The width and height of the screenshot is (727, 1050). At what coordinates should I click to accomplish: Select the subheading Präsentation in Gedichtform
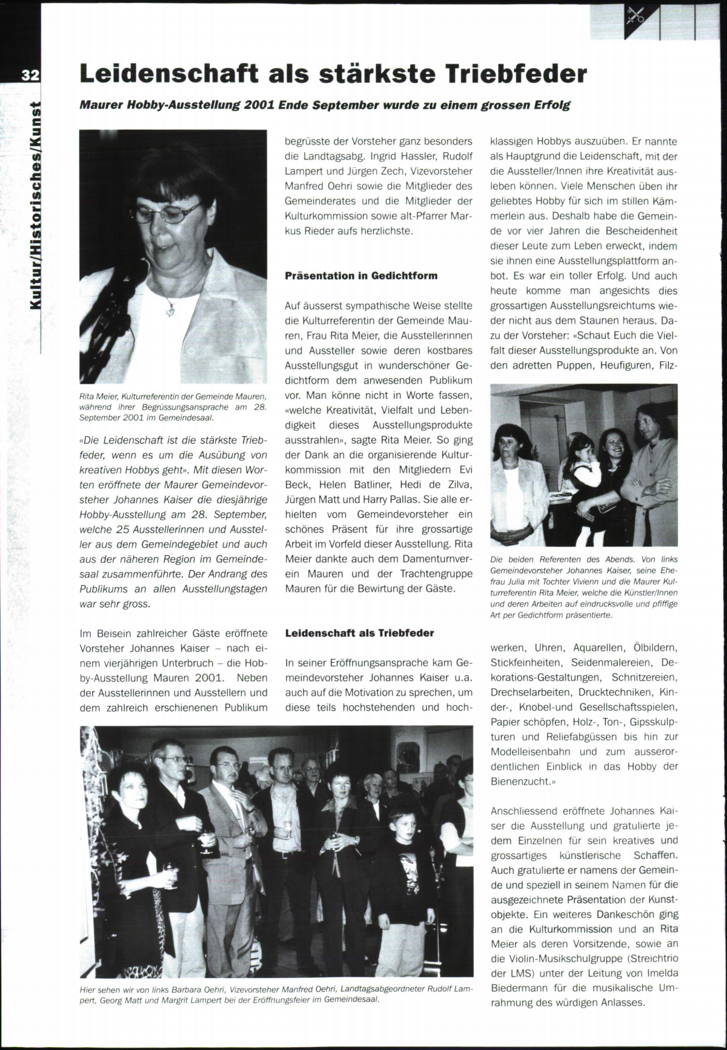(x=361, y=276)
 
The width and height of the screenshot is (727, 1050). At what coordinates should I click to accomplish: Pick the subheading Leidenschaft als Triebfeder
(x=359, y=633)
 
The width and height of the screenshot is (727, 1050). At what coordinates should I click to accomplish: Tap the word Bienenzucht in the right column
(x=519, y=782)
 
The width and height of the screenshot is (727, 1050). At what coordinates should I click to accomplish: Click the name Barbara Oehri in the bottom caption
(x=197, y=988)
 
